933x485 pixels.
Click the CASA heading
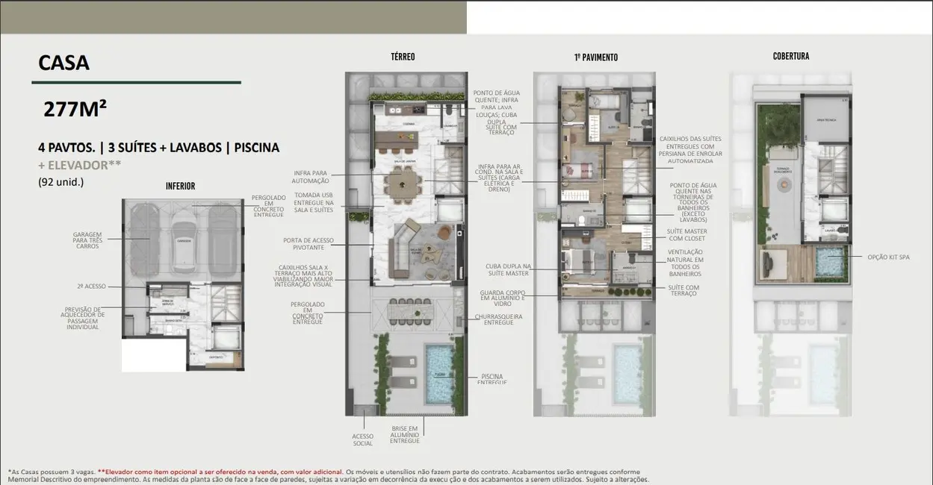(x=64, y=63)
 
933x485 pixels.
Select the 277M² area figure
(x=75, y=110)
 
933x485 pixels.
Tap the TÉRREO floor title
(x=403, y=57)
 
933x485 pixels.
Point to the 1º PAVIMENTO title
(x=595, y=57)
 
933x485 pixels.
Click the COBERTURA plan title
(x=790, y=57)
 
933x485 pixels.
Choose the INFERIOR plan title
(x=180, y=186)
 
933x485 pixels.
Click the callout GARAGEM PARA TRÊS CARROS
(x=87, y=239)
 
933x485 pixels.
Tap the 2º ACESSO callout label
(x=90, y=286)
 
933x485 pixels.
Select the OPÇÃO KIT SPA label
(x=889, y=257)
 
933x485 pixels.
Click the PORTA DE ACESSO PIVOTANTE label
(x=309, y=244)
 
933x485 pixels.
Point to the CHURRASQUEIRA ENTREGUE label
(x=498, y=319)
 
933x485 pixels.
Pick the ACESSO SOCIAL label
(x=362, y=440)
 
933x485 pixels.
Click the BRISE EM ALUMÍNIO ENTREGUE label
(x=404, y=434)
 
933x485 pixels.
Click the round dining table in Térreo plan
(x=404, y=182)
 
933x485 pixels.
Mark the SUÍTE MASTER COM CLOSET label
(x=687, y=234)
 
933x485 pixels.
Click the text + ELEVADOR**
(x=79, y=165)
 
